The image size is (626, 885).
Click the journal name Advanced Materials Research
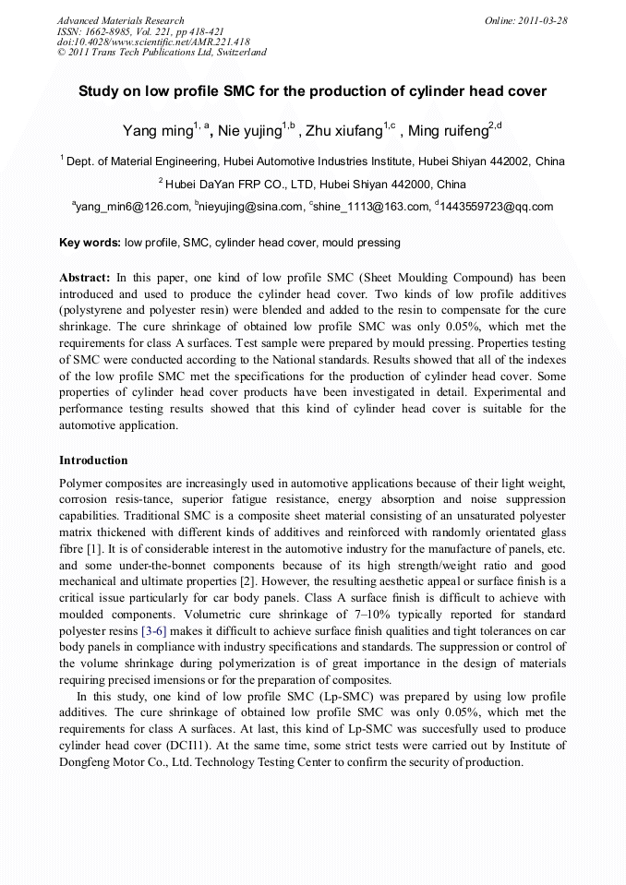point(120,20)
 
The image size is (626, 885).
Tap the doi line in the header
point(153,42)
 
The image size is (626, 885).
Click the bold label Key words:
point(90,243)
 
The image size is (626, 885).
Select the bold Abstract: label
point(85,277)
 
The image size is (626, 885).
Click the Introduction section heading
point(93,460)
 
